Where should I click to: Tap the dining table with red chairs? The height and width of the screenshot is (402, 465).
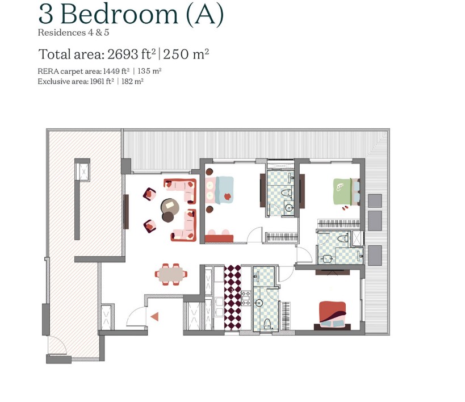pyautogui.click(x=171, y=274)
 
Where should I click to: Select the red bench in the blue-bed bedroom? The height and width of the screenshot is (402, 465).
pyautogui.click(x=219, y=237)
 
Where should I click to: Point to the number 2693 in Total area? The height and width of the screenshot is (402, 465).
pyautogui.click(x=129, y=55)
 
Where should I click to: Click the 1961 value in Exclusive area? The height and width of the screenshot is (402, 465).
pyautogui.click(x=97, y=81)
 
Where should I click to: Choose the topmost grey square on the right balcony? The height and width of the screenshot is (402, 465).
pyautogui.click(x=375, y=201)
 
